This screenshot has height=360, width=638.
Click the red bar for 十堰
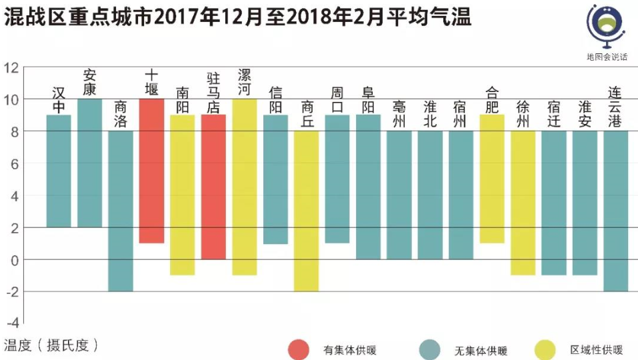coord(151,171)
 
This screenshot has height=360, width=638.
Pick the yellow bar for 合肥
coord(491,179)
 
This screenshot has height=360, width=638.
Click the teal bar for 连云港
coord(615,211)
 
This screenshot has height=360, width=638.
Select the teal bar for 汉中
coord(59,171)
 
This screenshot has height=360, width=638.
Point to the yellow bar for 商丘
coord(306,211)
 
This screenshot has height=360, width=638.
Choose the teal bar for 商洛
coord(121,211)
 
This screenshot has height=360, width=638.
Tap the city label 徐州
coord(523,113)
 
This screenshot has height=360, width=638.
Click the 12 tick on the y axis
coord(11,67)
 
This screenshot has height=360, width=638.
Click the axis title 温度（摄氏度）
coord(51,345)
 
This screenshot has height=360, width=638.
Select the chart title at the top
coord(237,18)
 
